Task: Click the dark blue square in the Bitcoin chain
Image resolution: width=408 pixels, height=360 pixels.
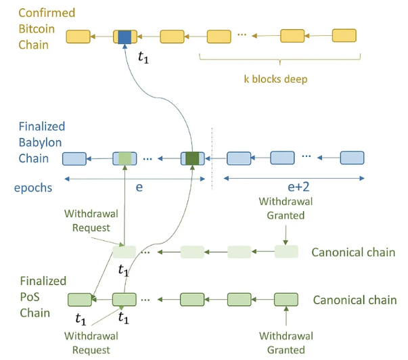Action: (124, 37)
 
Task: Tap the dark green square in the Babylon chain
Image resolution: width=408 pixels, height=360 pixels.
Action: (192, 158)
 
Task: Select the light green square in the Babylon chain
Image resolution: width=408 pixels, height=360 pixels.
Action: (125, 158)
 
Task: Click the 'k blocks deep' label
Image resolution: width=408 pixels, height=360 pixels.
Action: (275, 79)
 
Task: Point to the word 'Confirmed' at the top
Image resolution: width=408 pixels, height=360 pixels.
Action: (47, 13)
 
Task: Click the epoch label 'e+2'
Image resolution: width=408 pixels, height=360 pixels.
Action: (298, 187)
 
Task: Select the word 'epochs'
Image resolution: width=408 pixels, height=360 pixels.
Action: (33, 188)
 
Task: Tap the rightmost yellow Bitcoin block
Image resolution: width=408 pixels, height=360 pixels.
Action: (344, 35)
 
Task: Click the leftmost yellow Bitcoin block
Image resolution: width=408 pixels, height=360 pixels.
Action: (78, 37)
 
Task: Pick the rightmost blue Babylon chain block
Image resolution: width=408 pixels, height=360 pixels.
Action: (352, 158)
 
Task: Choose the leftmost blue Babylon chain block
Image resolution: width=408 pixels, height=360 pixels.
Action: (74, 159)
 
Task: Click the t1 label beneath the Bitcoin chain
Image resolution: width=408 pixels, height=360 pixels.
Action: (143, 57)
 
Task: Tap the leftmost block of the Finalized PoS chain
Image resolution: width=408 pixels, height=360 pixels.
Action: (80, 300)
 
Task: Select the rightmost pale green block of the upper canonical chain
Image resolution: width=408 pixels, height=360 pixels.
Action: (286, 252)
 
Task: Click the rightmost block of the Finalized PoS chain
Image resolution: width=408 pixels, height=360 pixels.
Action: (286, 299)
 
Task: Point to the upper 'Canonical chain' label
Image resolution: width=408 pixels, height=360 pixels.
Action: (353, 252)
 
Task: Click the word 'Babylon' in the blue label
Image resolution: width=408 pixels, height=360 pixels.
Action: (40, 143)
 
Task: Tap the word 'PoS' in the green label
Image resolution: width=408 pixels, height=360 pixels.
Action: (30, 297)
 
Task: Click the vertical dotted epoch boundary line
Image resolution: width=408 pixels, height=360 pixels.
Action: (212, 159)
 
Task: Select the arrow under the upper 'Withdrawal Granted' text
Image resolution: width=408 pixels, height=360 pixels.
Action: (286, 235)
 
